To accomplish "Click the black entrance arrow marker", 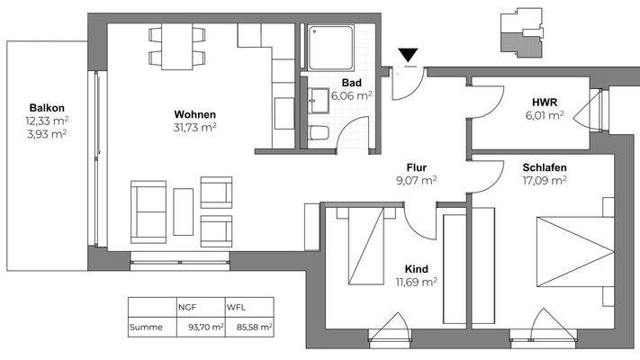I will [x=410, y=57].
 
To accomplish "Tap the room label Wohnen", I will [x=194, y=114].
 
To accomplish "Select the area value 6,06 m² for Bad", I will [x=352, y=94].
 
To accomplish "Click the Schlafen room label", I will [x=544, y=166].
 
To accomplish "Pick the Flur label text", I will [x=415, y=166].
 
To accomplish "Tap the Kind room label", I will [x=416, y=269].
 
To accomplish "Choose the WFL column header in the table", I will [x=237, y=306].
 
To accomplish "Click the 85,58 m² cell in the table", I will [x=252, y=328].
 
